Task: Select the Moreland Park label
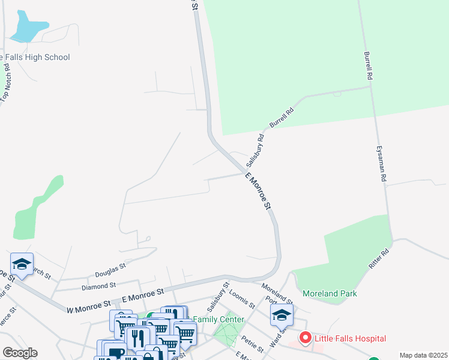[330, 293]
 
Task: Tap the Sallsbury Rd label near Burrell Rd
[255, 150]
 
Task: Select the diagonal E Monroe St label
[259, 191]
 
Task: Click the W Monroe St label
[89, 307]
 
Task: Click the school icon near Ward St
[282, 314]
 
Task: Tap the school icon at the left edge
[22, 265]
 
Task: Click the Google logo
[19, 353]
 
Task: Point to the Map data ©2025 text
[423, 355]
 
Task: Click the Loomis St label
[243, 298]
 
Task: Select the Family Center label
[222, 320]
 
